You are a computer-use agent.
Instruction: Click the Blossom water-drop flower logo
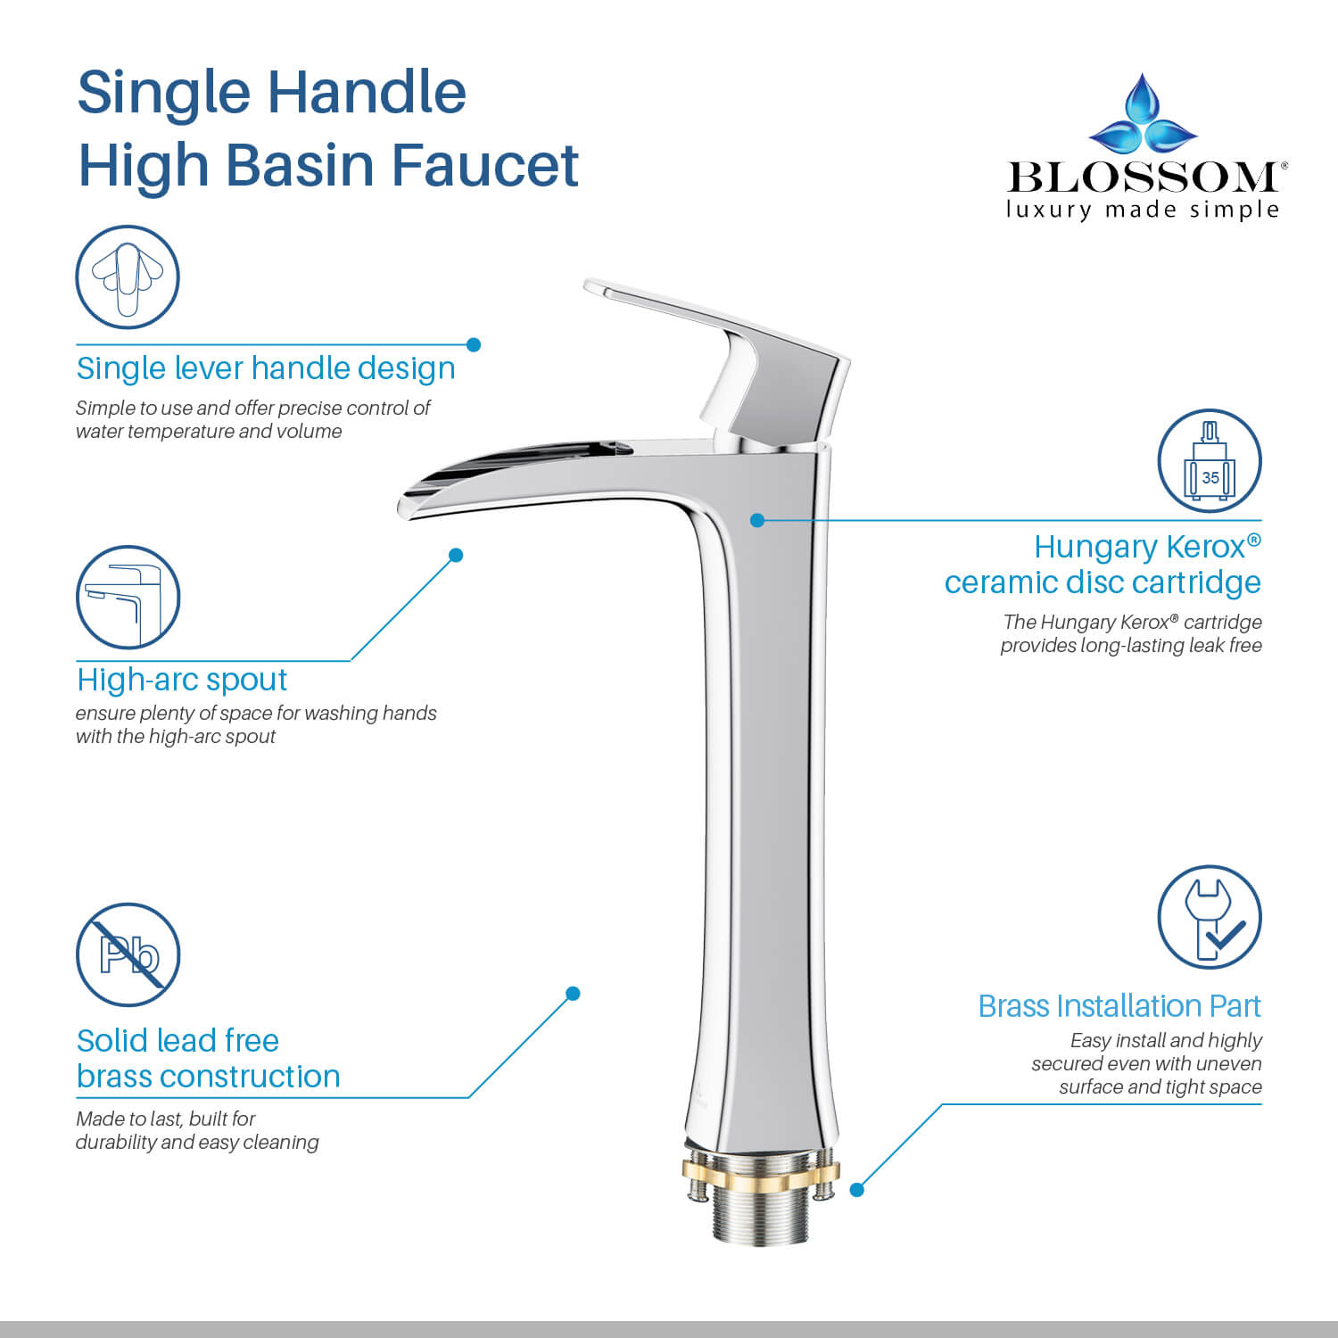[1143, 116]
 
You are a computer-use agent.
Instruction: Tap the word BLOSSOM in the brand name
[1143, 178]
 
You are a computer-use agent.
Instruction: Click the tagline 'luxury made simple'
[1143, 211]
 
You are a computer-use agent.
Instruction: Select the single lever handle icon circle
[128, 277]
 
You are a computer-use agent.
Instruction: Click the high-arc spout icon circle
[128, 597]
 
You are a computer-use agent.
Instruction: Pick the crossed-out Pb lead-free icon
[128, 954]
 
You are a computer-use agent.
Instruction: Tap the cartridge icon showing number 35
[1210, 461]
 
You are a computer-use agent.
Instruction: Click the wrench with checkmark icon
[1210, 917]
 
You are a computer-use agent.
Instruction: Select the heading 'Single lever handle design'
[266, 368]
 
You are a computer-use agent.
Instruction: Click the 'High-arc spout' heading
[182, 680]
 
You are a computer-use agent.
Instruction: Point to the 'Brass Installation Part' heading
[1119, 1006]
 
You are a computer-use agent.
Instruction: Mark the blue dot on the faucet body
[757, 520]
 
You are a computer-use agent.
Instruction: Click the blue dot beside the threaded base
[857, 1190]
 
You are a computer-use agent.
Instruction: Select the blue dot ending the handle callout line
[474, 344]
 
